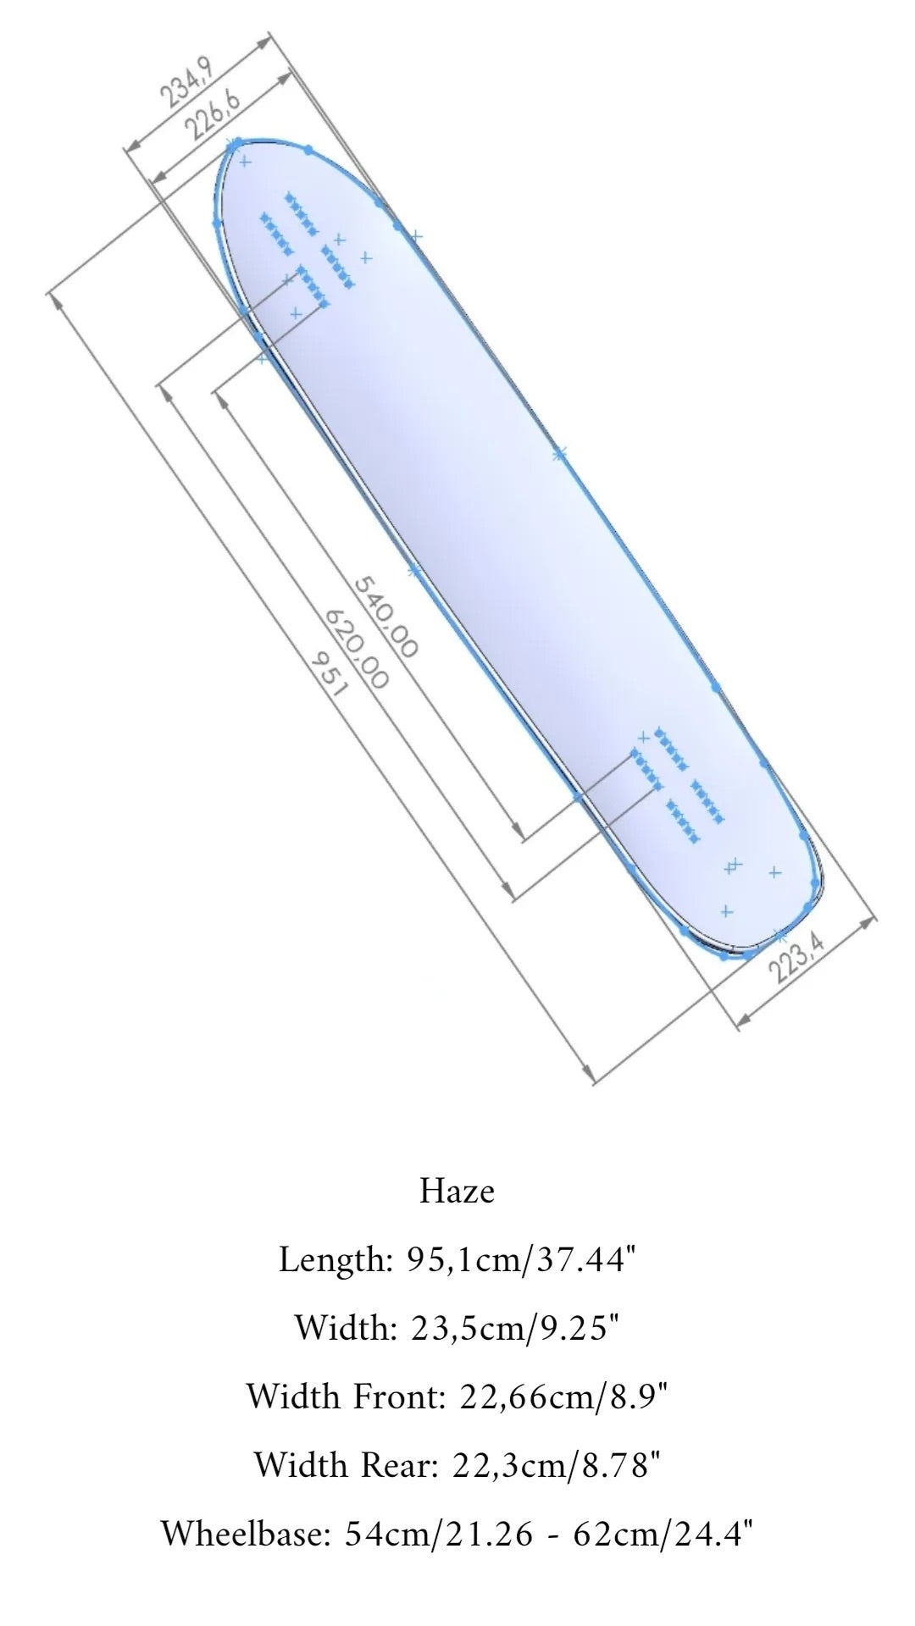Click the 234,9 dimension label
186,83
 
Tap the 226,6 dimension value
213,114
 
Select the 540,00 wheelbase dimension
385,617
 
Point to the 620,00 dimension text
357,648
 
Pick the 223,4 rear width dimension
801,954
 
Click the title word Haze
457,1192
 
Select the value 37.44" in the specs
587,1260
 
